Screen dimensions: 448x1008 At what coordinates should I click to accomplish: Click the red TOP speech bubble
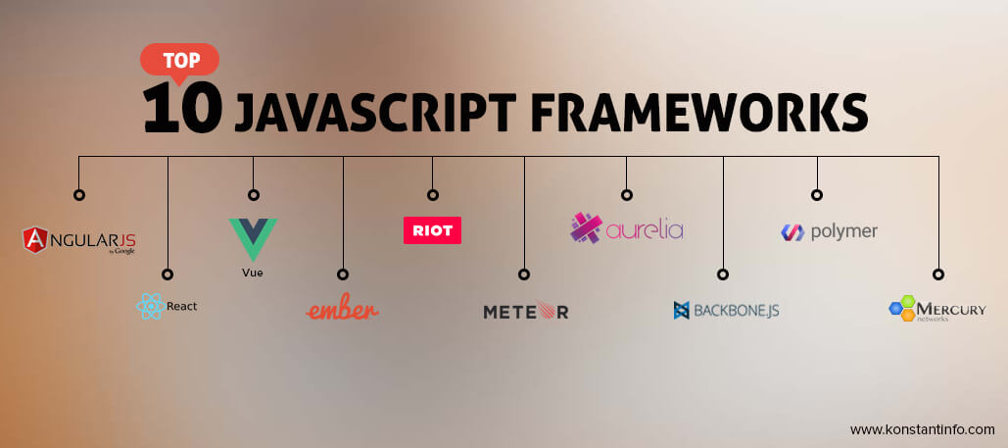[179, 60]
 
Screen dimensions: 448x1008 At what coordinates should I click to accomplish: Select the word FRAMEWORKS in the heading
[698, 112]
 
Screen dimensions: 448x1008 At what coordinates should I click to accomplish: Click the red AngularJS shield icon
[37, 238]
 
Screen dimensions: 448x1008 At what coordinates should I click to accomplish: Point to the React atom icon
[149, 307]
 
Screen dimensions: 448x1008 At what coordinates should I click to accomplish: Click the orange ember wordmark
[342, 309]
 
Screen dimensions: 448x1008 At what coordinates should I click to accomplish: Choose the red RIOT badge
[432, 229]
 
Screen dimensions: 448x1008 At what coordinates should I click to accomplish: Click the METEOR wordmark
[525, 312]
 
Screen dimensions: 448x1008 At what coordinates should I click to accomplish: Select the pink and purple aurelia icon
[586, 228]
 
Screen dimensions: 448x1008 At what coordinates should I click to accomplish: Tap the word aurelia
[644, 231]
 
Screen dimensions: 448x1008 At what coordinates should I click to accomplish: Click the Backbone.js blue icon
[682, 311]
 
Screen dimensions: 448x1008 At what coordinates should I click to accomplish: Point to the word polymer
[843, 232]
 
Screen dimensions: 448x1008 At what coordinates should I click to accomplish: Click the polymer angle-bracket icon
[792, 232]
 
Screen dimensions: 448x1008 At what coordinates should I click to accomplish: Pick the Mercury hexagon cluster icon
[901, 309]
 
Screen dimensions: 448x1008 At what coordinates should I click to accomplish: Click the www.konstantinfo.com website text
[922, 429]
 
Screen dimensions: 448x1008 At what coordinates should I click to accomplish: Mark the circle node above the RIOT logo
[432, 194]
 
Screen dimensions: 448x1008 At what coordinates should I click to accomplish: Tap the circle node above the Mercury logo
[937, 274]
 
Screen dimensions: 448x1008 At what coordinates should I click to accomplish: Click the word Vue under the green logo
[253, 273]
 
